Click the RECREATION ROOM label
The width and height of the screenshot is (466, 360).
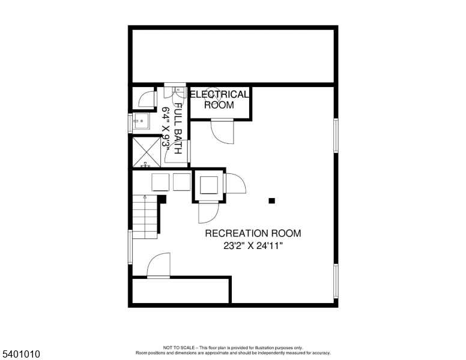(253, 233)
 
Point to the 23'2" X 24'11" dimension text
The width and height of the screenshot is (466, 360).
(253, 246)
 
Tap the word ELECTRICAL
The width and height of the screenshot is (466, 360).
(219, 94)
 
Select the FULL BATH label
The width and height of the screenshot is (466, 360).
(178, 128)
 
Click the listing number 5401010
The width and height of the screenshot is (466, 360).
(21, 354)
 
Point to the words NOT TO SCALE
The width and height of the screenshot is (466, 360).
(178, 347)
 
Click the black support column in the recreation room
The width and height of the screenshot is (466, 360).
(271, 201)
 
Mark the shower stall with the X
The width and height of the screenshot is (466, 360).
(147, 152)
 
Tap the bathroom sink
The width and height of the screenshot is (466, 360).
(141, 121)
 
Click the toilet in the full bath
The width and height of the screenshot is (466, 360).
(178, 91)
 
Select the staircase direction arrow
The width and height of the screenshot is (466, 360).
(145, 197)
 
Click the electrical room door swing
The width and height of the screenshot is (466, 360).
(222, 131)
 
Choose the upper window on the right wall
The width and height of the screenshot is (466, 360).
(336, 136)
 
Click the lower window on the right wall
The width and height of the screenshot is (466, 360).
(336, 281)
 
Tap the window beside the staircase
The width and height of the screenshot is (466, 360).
(130, 247)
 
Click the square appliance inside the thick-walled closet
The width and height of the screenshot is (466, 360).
(208, 185)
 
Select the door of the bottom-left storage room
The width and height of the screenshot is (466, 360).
(159, 265)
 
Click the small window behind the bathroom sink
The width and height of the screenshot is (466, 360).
(130, 123)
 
